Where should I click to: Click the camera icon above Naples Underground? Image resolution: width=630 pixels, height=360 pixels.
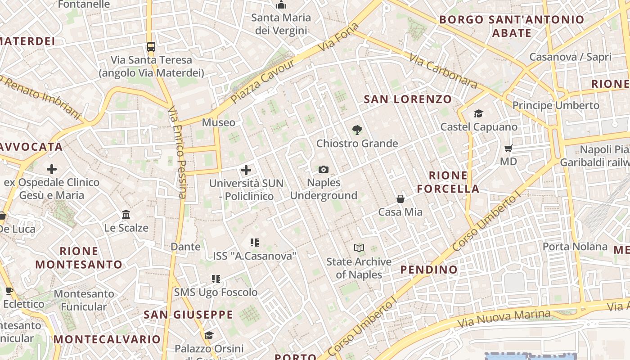[323, 169]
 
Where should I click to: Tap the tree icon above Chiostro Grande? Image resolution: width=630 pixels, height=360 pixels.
[357, 130]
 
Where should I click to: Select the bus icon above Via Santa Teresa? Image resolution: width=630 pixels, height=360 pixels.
[151, 46]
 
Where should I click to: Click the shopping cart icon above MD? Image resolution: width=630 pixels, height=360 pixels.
[508, 148]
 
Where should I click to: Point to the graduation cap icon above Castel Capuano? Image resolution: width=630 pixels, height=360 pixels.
[478, 113]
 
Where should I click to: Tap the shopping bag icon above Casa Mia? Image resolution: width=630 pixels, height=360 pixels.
[400, 198]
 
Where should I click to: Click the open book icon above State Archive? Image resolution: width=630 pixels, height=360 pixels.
[359, 248]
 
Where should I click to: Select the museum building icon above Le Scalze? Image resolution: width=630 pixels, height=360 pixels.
[126, 214]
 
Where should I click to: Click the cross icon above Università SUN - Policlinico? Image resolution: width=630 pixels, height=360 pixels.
[246, 170]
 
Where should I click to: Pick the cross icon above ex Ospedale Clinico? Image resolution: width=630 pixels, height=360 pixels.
[52, 169]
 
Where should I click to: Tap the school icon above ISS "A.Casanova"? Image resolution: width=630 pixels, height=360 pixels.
[255, 243]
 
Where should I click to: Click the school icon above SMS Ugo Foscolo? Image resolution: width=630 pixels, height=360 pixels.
[216, 279]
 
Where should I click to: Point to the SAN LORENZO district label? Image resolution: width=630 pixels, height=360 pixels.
[408, 99]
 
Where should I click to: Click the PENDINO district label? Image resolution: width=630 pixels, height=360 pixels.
[429, 270]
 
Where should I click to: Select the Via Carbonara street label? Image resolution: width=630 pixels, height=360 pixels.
[443, 71]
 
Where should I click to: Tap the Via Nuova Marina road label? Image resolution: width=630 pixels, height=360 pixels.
[504, 319]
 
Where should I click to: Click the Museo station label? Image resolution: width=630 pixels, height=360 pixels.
[218, 122]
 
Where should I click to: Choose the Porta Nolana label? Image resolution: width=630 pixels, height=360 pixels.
[575, 247]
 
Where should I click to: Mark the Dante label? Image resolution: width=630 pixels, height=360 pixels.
[185, 247]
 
